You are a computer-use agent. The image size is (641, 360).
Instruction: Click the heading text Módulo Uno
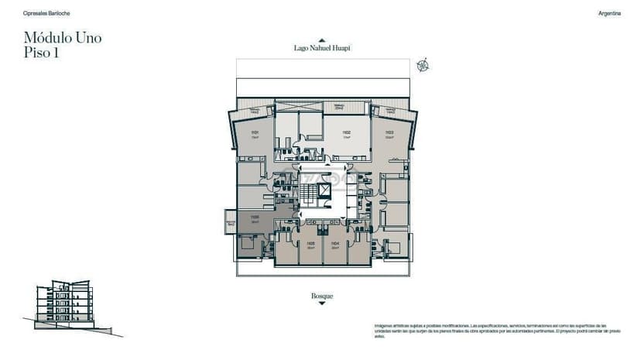click(63, 37)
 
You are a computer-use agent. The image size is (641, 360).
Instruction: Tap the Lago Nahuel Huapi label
click(322, 48)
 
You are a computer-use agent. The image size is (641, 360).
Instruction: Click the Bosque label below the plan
click(322, 296)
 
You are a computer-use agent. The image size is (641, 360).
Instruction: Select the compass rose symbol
click(422, 65)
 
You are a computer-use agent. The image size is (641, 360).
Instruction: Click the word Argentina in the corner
click(609, 13)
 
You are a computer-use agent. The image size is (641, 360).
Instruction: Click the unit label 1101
click(255, 133)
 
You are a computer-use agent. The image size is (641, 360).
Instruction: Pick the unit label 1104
click(334, 244)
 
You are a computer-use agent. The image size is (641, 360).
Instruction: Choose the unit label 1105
click(310, 244)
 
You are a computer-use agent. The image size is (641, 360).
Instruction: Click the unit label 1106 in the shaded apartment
click(255, 218)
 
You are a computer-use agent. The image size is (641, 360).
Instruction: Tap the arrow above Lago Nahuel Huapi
click(322, 40)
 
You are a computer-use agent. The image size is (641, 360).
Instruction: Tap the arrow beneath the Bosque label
click(322, 303)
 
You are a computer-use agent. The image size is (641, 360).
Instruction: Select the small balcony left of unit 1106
click(230, 223)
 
